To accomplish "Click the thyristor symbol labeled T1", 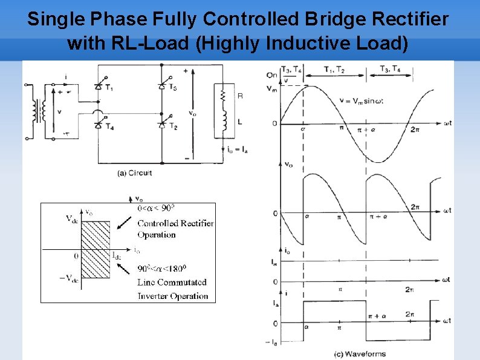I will pos(98,87).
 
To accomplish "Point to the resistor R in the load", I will pos(222,95).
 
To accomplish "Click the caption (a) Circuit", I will pos(134,173).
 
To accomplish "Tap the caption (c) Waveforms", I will pos(359,353).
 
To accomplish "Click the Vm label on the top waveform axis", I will pos(272,88).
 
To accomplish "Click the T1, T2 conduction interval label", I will pos(334,70).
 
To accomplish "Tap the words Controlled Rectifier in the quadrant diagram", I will pos(175,223).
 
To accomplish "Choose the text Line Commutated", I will pos(172,282).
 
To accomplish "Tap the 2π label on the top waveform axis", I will pos(415,130).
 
